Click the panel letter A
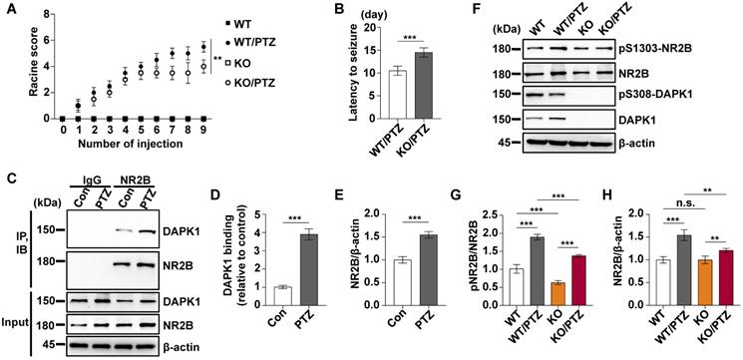[8, 9]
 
